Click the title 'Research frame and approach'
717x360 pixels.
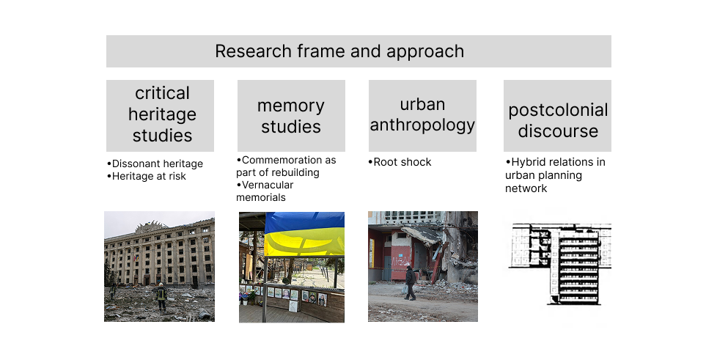[x=339, y=51]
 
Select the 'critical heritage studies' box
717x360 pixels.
[x=160, y=116]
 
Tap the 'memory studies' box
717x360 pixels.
[x=291, y=116]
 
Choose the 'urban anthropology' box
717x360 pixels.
[x=422, y=116]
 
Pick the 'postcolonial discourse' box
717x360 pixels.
[x=557, y=116]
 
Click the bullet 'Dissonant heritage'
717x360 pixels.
[x=155, y=164]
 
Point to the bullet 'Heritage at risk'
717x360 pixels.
[x=147, y=176]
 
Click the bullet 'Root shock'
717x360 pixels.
[x=400, y=162]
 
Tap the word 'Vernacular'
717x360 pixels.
[x=268, y=185]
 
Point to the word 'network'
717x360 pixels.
[x=526, y=188]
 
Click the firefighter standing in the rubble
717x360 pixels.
[x=161, y=296]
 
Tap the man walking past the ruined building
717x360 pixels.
[x=410, y=283]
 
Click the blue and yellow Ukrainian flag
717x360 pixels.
[x=304, y=233]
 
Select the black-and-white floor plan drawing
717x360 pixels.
[x=561, y=263]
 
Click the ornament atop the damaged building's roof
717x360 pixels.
[x=150, y=226]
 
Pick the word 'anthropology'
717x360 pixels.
[x=422, y=125]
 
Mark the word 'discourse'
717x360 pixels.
[x=558, y=131]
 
